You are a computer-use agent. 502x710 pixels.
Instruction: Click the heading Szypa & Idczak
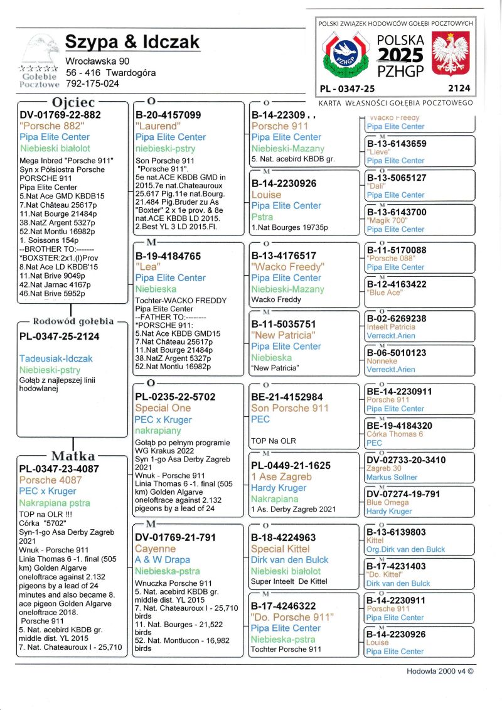(132, 42)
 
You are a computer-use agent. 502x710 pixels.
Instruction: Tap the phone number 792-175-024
(92, 83)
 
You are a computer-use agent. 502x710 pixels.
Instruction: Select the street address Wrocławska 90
(97, 61)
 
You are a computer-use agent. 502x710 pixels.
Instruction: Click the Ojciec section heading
(73, 102)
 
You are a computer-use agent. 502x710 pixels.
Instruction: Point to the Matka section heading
(73, 456)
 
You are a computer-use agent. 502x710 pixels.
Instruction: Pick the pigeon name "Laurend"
(157, 126)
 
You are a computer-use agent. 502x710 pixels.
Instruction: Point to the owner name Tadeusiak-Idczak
(56, 358)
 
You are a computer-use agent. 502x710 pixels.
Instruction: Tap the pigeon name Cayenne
(156, 549)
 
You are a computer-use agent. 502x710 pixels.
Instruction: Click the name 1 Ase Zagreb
(281, 476)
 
